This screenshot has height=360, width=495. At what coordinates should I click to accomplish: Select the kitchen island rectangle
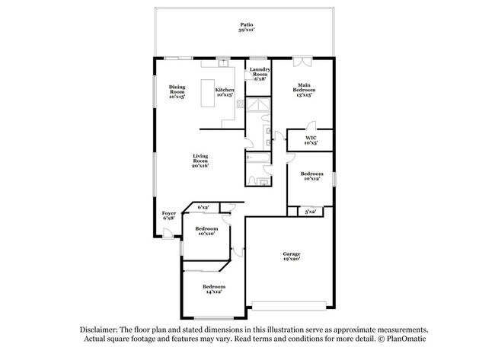[207, 94]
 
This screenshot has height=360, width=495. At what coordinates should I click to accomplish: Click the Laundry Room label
[260, 74]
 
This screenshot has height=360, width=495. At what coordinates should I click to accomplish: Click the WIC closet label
[311, 140]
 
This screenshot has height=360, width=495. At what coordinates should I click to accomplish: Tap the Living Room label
[200, 159]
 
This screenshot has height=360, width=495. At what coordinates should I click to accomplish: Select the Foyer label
[169, 215]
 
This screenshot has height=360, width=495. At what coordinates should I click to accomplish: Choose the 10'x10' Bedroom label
[206, 231]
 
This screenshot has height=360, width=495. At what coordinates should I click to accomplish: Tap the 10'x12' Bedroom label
[311, 176]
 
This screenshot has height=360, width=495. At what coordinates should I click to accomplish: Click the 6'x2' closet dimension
[204, 207]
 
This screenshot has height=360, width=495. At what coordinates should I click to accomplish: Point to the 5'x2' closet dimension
[311, 211]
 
